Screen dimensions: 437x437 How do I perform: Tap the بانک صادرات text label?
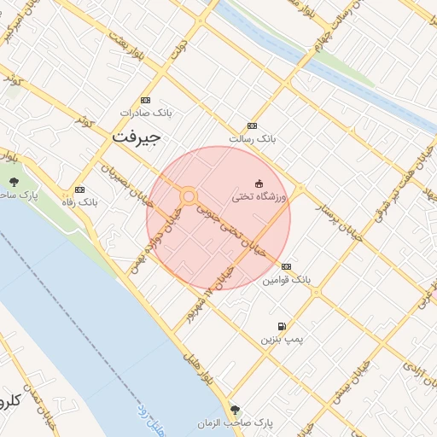pos(145,113)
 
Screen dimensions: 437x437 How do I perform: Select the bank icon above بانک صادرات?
pos(145,100)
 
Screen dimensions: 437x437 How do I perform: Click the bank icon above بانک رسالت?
pos(251,125)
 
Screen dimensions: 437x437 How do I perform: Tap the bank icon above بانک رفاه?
pos(80,189)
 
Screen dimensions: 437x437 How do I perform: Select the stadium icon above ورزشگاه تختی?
pos(259,184)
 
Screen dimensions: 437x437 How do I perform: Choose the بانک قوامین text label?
pos(287,279)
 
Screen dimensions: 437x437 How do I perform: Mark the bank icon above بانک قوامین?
pos(285,266)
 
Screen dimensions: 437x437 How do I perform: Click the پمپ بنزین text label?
pos(282,340)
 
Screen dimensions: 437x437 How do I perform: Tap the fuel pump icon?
pos(282,326)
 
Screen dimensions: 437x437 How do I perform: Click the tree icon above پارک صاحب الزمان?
pos(236,409)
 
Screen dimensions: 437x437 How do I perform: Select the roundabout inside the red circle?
pos(189,197)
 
